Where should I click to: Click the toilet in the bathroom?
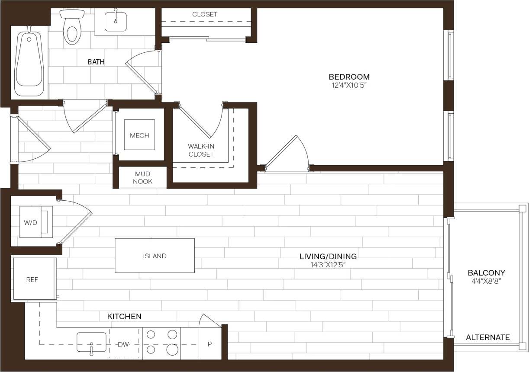(72, 28)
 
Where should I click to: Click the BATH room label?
(96, 62)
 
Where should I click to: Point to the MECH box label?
(139, 135)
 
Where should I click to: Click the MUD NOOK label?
(142, 178)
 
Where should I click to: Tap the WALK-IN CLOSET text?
(201, 150)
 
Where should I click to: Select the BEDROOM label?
(349, 77)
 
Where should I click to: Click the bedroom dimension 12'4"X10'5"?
(349, 85)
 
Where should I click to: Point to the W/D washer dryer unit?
(36, 222)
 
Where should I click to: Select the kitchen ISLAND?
(155, 256)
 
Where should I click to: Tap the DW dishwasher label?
(124, 344)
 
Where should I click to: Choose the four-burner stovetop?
(161, 343)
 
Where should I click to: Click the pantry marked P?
(210, 344)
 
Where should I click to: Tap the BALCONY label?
(486, 273)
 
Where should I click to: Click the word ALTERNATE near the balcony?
(488, 337)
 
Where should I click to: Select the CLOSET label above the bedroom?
(205, 14)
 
